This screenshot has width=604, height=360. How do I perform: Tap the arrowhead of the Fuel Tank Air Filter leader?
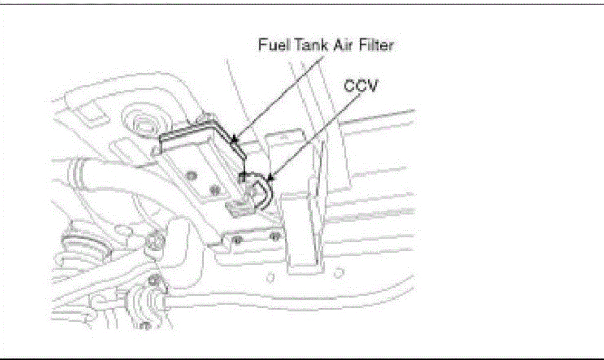(x=234, y=140)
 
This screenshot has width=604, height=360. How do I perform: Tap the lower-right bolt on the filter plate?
(x=213, y=190)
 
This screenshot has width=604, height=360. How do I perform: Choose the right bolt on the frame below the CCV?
(x=273, y=236)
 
